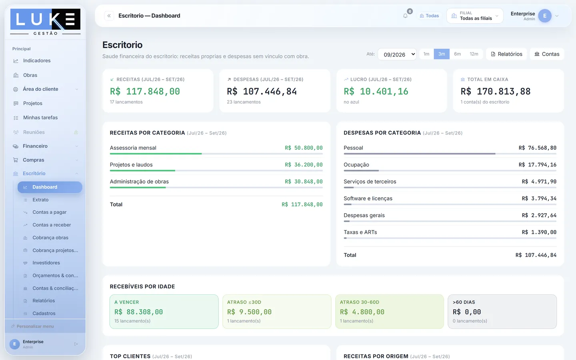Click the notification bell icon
tap(405, 16)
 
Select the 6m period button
tap(457, 54)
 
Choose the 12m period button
tap(474, 54)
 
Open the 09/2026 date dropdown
tap(397, 54)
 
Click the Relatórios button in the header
tap(506, 54)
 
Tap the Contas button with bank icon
tap(547, 54)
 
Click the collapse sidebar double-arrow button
tap(109, 16)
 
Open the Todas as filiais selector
tap(475, 16)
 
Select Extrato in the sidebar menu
tap(40, 200)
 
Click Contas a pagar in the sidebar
tap(49, 212)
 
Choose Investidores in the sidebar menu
tap(46, 263)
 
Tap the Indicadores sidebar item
tap(37, 61)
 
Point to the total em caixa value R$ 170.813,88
tap(496, 91)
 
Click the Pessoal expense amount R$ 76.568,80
tap(538, 148)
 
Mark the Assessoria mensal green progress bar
tap(156, 154)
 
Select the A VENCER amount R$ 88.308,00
tap(138, 312)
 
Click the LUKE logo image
tap(45, 22)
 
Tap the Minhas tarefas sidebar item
tap(40, 118)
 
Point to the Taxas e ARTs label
tap(360, 232)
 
